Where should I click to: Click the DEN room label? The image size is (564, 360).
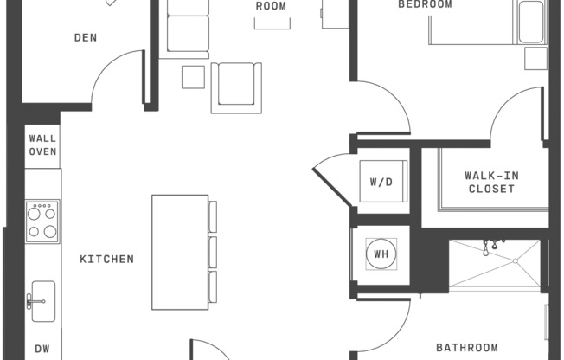click(85, 37)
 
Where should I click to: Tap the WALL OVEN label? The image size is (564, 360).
click(42, 145)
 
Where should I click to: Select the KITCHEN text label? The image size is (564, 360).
click(107, 259)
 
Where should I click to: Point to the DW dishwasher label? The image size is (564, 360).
click(42, 349)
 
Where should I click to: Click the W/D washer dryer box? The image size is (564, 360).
click(381, 182)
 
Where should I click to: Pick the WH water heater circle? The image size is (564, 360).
click(381, 254)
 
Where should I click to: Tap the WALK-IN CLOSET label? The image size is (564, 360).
click(491, 182)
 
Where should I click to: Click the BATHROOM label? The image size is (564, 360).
click(466, 348)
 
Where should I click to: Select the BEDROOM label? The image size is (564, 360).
click(425, 4)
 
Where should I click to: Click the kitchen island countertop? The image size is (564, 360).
click(180, 252)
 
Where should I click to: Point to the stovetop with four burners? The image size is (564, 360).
click(42, 222)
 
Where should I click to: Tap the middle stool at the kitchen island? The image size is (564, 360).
click(213, 252)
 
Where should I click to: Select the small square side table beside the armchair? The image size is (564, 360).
click(192, 77)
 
